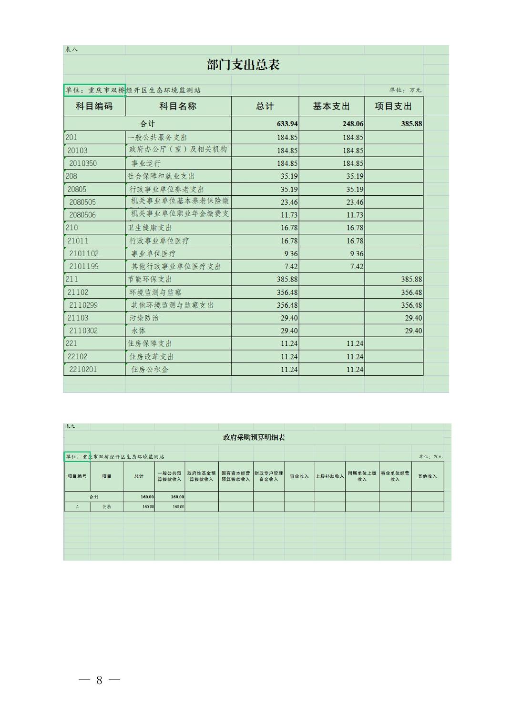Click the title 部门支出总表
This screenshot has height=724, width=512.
(x=243, y=65)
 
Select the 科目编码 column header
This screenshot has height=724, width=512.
(x=94, y=106)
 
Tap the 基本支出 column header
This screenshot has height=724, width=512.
(x=331, y=106)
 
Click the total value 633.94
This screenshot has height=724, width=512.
(x=287, y=124)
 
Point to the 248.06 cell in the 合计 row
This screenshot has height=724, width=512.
(x=353, y=124)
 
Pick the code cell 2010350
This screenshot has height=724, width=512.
(x=83, y=163)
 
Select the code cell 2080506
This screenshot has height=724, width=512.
(x=82, y=215)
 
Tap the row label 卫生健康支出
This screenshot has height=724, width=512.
(x=150, y=228)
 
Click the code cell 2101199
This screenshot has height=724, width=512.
(x=84, y=266)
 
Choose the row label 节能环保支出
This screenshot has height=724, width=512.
(x=150, y=279)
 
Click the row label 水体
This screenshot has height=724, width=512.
(x=139, y=331)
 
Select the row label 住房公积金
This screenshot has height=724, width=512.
(x=150, y=369)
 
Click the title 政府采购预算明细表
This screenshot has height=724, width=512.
(x=254, y=437)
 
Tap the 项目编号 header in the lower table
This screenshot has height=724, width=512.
(x=77, y=476)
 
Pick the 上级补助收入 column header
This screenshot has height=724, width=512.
(x=329, y=476)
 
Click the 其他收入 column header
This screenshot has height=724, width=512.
(x=427, y=476)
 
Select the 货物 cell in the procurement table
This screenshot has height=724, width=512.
(x=106, y=507)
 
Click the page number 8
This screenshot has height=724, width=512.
(x=99, y=680)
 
